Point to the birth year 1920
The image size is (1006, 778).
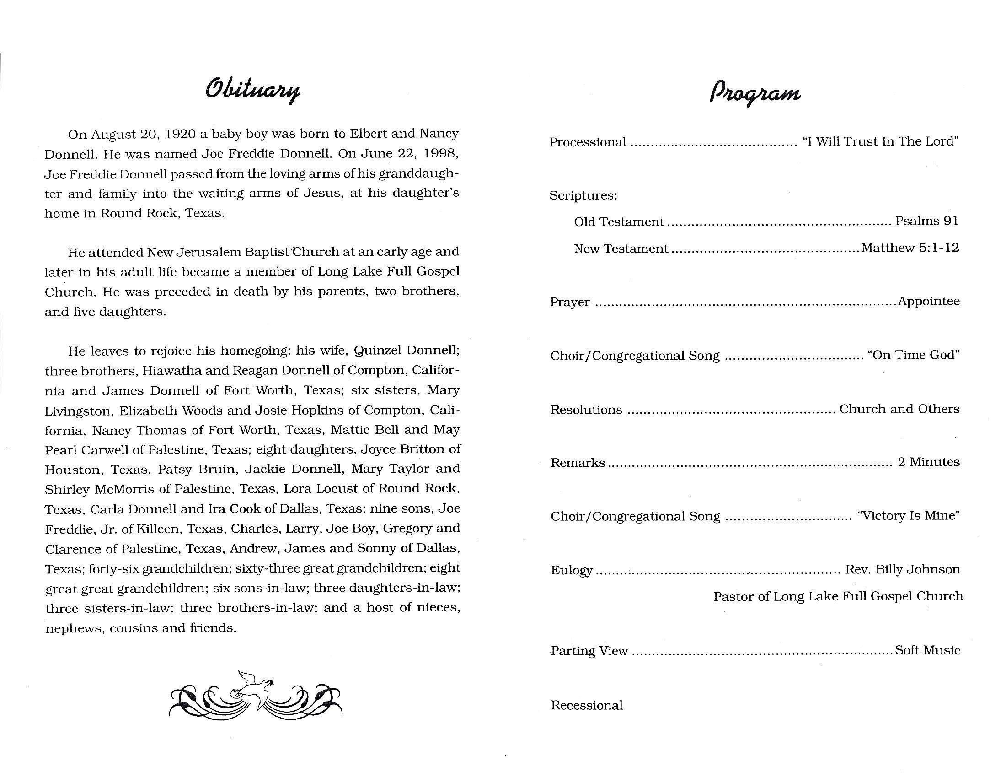tap(180, 134)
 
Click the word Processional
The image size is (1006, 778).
tap(587, 142)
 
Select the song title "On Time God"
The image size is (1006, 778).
tap(913, 355)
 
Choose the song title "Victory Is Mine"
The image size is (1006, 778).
tap(908, 516)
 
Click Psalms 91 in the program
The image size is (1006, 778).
tap(927, 221)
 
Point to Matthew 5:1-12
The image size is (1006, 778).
tap(910, 248)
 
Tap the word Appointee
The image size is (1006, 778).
tap(929, 302)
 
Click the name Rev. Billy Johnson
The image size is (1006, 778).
tap(902, 570)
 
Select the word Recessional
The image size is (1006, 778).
tap(586, 706)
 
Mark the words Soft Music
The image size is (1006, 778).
tap(927, 650)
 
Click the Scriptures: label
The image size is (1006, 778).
tap(583, 196)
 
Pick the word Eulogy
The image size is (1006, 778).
tap(572, 571)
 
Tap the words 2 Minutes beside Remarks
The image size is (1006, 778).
tap(929, 462)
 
